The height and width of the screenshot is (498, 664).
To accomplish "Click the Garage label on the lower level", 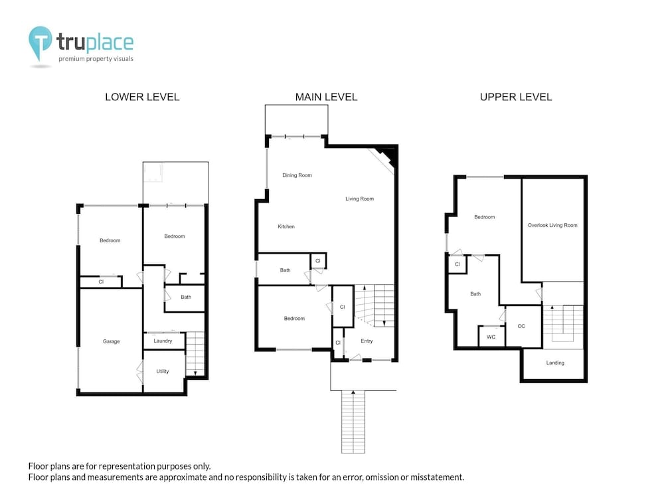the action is point(112,341).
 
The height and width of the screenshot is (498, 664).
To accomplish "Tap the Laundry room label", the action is point(163,341).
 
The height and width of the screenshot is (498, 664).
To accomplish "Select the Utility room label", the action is point(163,371).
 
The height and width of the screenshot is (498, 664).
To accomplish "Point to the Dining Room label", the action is point(297,175).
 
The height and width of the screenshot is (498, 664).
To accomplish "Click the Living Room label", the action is point(359,199).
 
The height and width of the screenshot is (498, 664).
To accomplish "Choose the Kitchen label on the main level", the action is point(286,226).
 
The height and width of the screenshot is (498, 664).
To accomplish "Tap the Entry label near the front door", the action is point(367,341).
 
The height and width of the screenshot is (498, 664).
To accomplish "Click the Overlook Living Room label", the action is point(552,225).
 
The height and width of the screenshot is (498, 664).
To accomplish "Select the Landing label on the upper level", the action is point(555,363).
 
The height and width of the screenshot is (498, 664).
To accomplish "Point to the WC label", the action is point(491,337).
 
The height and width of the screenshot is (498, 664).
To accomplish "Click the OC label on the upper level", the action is point(521,326).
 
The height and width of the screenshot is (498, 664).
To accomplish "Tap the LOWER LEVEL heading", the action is point(142,97).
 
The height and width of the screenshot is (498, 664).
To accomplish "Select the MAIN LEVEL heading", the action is point(327,97).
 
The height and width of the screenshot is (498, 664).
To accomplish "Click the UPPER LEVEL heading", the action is point(516,97).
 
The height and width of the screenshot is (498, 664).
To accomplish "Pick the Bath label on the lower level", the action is point(186,297).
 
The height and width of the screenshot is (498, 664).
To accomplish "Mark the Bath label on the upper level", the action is point(475,294).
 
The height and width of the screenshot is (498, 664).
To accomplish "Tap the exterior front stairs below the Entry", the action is point(353,422).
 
